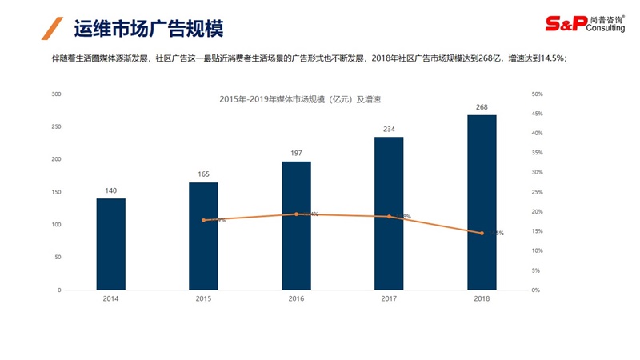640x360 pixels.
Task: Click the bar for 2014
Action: point(111,244)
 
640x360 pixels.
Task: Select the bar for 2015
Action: point(203,236)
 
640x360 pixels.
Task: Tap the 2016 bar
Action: point(296,226)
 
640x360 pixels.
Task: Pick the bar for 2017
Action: point(389,214)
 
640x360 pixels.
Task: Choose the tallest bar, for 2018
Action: point(482,202)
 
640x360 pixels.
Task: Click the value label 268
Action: point(482,106)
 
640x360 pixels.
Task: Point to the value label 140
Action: point(111,190)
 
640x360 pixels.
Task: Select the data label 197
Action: point(296,153)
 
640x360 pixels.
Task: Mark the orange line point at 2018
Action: point(482,233)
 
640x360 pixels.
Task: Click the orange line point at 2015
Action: point(203,220)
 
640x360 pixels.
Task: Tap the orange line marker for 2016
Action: point(296,214)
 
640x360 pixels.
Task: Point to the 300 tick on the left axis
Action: point(56,94)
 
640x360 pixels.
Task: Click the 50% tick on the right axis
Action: point(537,94)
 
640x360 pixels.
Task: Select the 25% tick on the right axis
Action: point(537,192)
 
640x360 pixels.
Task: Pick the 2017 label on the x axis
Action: point(389,298)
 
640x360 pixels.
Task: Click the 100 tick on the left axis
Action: point(56,225)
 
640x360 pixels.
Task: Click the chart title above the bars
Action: point(300,99)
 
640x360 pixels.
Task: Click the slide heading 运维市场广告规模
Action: point(148,29)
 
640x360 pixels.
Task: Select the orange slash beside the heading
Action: point(53,28)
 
